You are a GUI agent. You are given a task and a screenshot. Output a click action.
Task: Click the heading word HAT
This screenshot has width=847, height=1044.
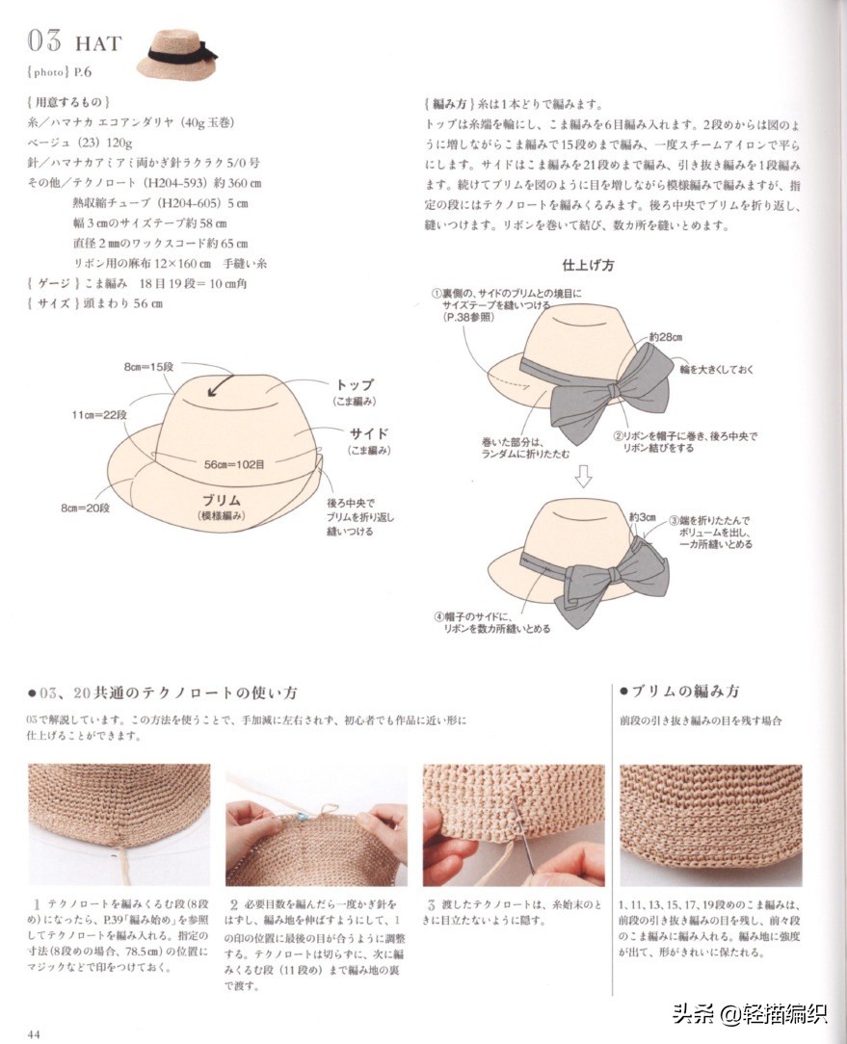tap(98, 44)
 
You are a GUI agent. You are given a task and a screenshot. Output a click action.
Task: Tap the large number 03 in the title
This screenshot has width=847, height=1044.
tap(44, 41)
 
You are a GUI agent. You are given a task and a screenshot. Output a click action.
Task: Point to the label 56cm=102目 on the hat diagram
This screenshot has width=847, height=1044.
tap(234, 464)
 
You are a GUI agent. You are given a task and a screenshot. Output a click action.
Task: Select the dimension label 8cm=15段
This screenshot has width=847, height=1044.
tap(148, 367)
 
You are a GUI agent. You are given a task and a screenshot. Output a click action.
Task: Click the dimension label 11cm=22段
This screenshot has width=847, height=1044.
tap(99, 415)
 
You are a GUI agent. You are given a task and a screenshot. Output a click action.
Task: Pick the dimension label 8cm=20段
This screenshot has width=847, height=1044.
tap(86, 508)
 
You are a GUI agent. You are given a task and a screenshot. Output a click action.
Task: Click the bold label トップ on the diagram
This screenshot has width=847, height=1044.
tap(354, 385)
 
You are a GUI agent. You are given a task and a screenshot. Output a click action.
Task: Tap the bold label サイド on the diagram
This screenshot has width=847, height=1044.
tap(369, 433)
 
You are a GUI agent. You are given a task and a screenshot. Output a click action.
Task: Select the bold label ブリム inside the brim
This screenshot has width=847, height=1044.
tap(222, 500)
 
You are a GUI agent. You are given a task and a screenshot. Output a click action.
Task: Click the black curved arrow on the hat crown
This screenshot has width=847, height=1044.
tap(220, 385)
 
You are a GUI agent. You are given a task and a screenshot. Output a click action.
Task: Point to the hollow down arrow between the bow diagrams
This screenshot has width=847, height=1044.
tap(583, 476)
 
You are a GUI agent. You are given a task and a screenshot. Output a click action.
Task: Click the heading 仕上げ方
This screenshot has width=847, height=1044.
tap(588, 265)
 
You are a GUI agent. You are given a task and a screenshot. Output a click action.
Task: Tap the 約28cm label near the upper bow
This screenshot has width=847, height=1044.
tap(665, 337)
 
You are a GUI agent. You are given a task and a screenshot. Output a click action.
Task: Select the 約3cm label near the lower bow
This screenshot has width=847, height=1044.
tap(643, 517)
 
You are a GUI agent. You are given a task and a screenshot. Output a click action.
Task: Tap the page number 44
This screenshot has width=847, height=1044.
tap(34, 1034)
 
